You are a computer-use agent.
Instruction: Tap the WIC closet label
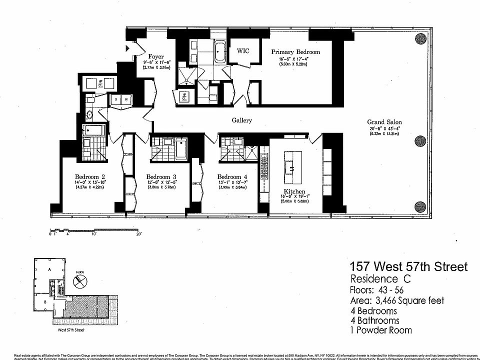click(x=243, y=51)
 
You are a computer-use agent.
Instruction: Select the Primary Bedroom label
click(x=295, y=51)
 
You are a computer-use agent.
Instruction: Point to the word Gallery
click(x=241, y=120)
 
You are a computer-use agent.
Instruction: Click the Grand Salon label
click(x=384, y=122)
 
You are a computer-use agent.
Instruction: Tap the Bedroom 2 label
click(x=89, y=176)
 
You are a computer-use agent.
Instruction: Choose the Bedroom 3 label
click(x=161, y=176)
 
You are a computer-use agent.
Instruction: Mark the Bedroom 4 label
click(x=232, y=176)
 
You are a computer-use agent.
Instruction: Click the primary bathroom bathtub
click(x=219, y=52)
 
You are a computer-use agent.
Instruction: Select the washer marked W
click(x=125, y=99)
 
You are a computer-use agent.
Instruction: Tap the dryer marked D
click(x=116, y=99)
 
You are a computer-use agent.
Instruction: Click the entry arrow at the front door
click(x=127, y=48)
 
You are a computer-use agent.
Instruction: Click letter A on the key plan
click(x=48, y=269)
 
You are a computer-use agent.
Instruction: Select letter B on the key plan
click(x=45, y=301)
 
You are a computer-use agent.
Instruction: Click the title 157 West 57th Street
click(x=408, y=266)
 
